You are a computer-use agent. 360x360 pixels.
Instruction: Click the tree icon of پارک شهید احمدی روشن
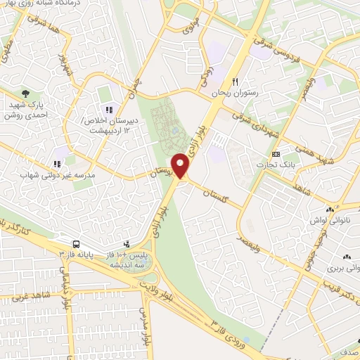(27, 93)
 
